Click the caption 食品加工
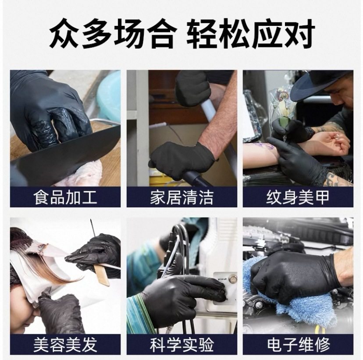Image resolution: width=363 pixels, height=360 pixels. coord(65,197)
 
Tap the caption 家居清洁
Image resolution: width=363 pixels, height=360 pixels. coord(181,197)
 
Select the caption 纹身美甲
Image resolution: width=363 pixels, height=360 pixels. coord(298,197)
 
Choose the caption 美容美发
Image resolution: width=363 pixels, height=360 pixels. coord(65,345)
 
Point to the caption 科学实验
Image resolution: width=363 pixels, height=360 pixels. coord(181,345)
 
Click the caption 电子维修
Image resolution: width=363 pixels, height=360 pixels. coord(298,345)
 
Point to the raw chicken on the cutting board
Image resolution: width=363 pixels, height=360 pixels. coord(83,173)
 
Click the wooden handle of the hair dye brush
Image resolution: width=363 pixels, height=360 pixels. coord(102,274)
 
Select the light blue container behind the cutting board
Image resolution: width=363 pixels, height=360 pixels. coord(108,94)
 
